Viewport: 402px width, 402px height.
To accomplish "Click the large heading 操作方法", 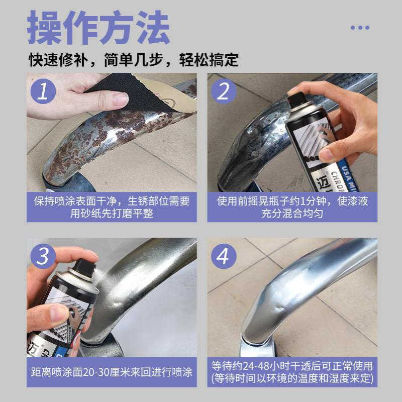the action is (x=98, y=28).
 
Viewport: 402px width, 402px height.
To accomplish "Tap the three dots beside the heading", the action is (x=360, y=28).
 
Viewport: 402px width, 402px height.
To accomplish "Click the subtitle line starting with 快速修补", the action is (x=133, y=60).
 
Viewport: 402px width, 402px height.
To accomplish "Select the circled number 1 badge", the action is (x=43, y=91).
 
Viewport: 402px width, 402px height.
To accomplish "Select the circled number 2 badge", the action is (x=223, y=91).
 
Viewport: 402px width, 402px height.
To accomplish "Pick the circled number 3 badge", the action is (x=43, y=256).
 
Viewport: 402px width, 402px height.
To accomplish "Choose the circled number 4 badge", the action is (x=223, y=256).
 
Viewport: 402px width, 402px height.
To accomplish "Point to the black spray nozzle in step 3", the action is (x=84, y=268).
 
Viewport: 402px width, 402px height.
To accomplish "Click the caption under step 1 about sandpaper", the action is (x=112, y=207).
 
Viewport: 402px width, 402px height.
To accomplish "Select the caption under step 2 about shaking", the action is (x=292, y=207).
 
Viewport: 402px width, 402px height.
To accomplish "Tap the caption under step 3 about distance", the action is (x=112, y=372).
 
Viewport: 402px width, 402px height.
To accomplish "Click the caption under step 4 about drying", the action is (x=292, y=372).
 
